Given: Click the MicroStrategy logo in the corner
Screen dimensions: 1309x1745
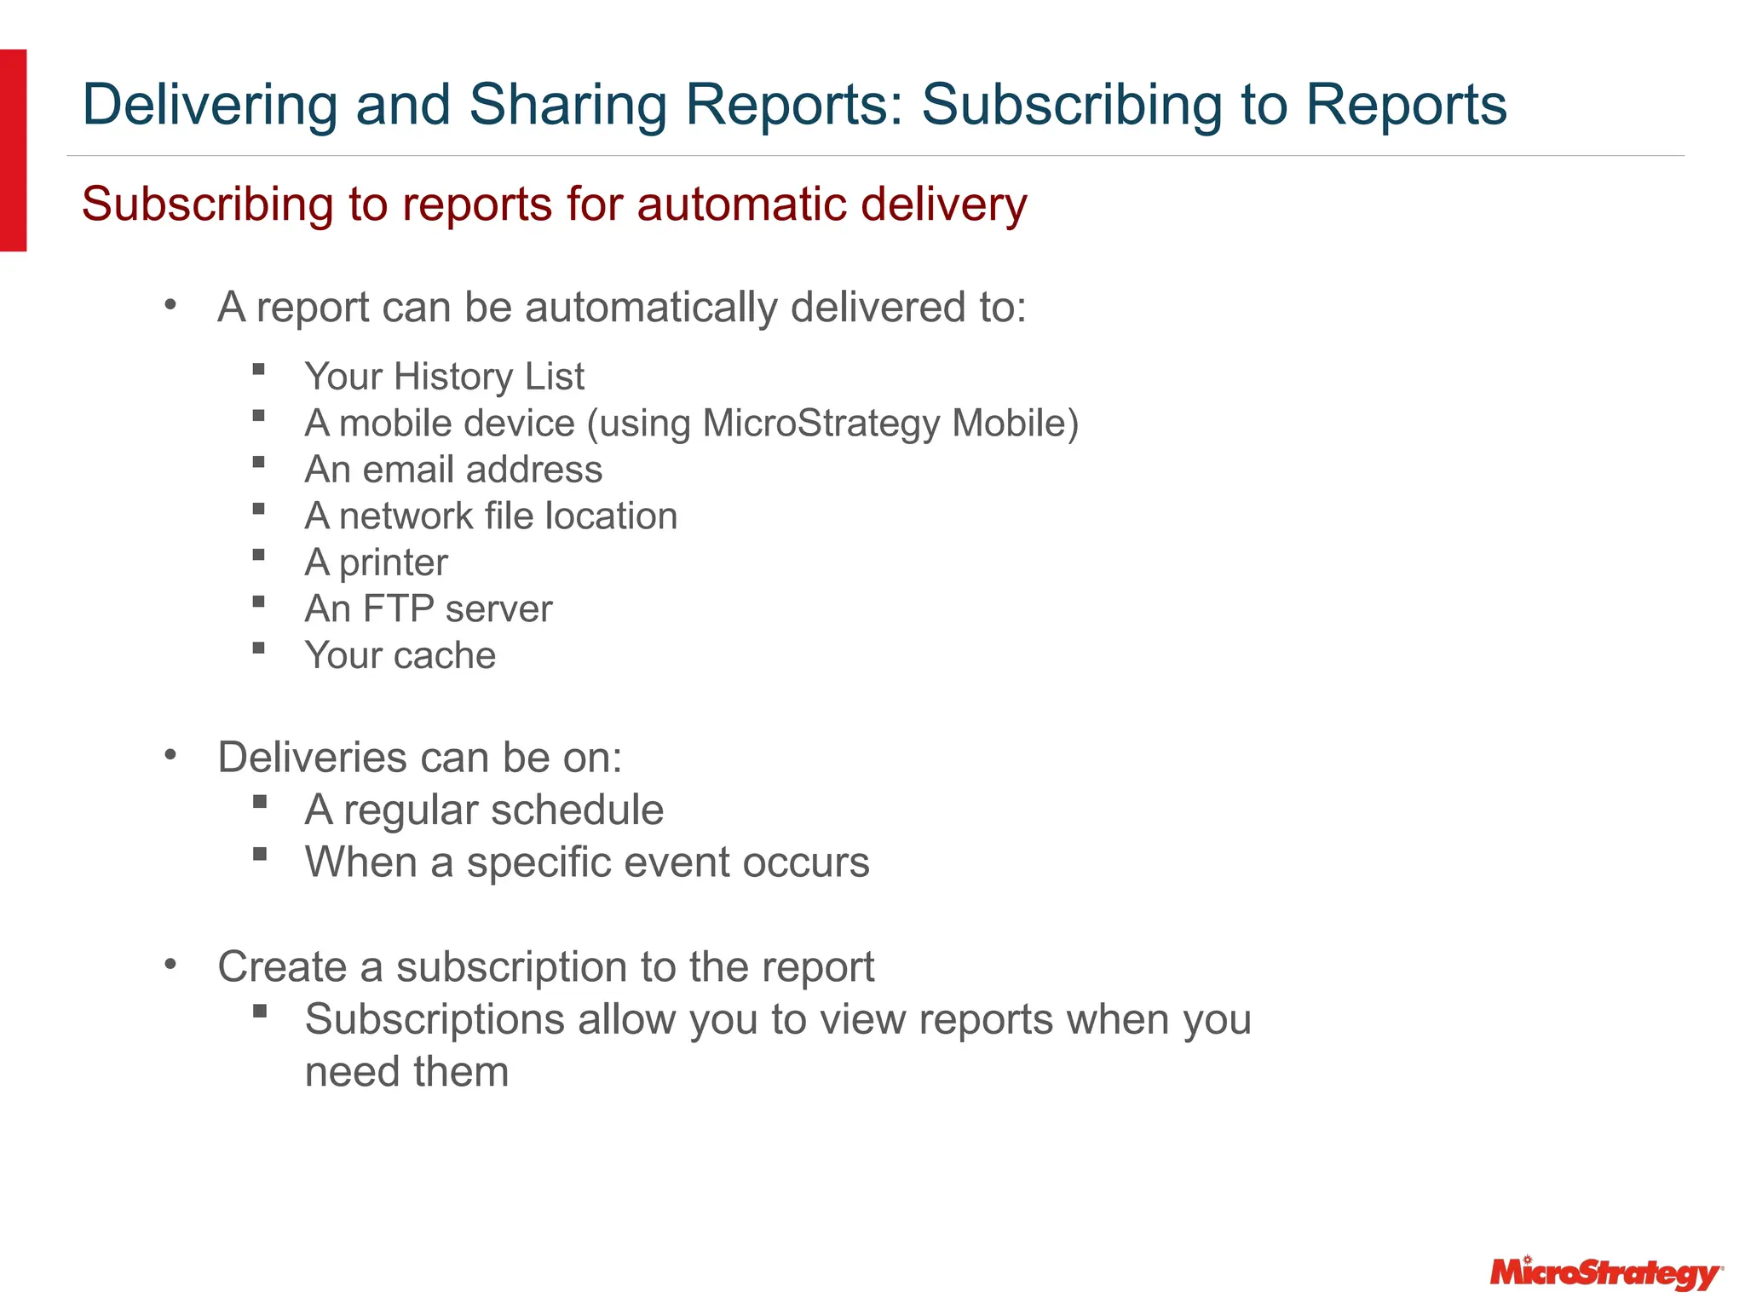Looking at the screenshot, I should [x=1604, y=1273].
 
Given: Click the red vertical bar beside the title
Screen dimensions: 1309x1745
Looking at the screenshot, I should [x=13, y=150].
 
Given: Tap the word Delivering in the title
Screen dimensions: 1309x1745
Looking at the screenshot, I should [x=210, y=106].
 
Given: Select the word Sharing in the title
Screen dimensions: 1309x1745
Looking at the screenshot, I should [x=568, y=106].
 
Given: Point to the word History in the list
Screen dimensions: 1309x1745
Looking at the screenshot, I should [x=452, y=377].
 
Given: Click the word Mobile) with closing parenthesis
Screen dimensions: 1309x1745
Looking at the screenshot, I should [x=1015, y=424].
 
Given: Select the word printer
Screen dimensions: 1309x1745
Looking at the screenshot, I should [x=393, y=562].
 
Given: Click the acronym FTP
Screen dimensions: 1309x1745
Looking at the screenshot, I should [x=398, y=609].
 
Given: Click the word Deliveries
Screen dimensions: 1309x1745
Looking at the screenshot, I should [x=312, y=758].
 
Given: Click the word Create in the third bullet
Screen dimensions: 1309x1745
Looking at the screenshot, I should [x=282, y=967].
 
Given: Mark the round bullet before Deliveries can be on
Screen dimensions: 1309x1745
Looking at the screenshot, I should [x=170, y=754].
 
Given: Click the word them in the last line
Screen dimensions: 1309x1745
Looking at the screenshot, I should [x=461, y=1072].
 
